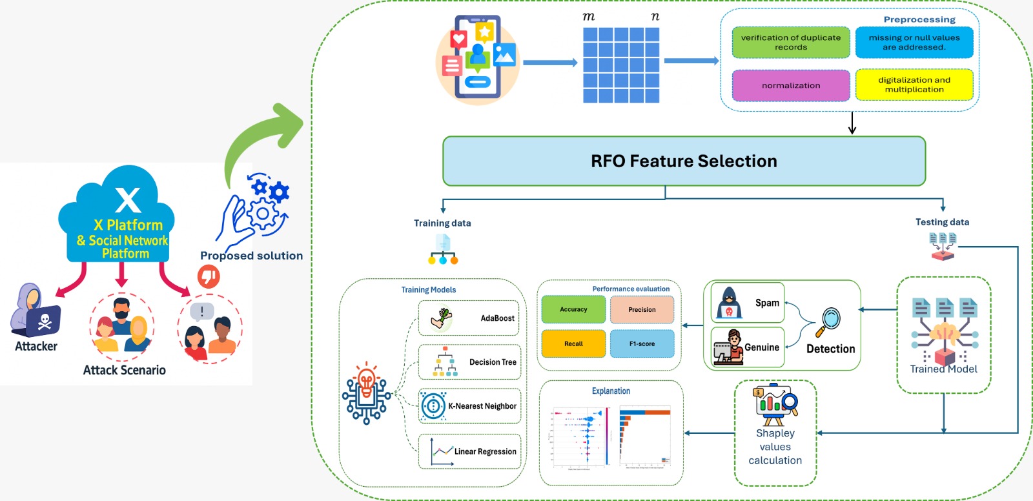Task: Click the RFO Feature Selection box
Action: point(684,161)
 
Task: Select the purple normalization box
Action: point(791,85)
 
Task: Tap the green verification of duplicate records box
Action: point(791,43)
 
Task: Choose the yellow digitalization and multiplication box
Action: point(914,85)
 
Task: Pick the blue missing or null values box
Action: point(914,43)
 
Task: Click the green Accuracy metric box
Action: point(573,309)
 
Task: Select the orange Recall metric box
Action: point(573,343)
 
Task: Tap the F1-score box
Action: point(642,343)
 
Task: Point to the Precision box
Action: point(642,309)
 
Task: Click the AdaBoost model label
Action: point(497,318)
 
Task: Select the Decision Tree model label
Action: point(493,362)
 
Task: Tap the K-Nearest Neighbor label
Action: point(482,406)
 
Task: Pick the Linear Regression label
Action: point(485,451)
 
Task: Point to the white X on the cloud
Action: point(128,199)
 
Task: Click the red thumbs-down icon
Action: point(209,276)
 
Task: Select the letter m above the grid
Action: point(589,17)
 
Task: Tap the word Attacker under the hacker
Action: point(36,346)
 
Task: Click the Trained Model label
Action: point(943,369)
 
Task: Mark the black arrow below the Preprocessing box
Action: point(852,123)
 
